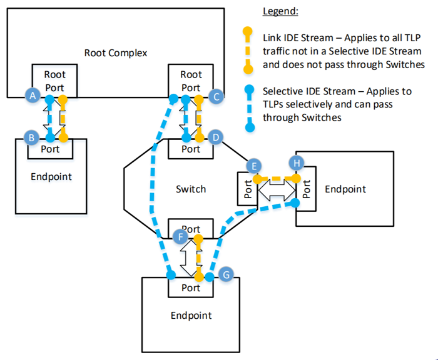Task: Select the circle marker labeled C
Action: pyautogui.click(x=216, y=96)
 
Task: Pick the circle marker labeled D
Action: pyautogui.click(x=216, y=136)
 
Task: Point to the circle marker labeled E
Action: pyautogui.click(x=253, y=166)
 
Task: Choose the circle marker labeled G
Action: pyautogui.click(x=227, y=274)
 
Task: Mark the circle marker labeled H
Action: pyautogui.click(x=297, y=163)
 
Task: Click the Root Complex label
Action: pyautogui.click(x=116, y=52)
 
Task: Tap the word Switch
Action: pyautogui.click(x=191, y=189)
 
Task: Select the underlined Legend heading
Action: pyautogui.click(x=280, y=11)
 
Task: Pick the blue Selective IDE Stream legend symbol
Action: pyautogui.click(x=250, y=109)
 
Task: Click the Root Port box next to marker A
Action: pyautogui.click(x=54, y=81)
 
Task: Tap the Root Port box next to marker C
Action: pyautogui.click(x=191, y=81)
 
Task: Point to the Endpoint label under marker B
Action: pyautogui.click(x=51, y=176)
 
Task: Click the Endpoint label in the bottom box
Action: pyautogui.click(x=191, y=315)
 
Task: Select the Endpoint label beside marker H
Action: pyautogui.click(x=345, y=188)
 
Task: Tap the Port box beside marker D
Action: pyautogui.click(x=191, y=149)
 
